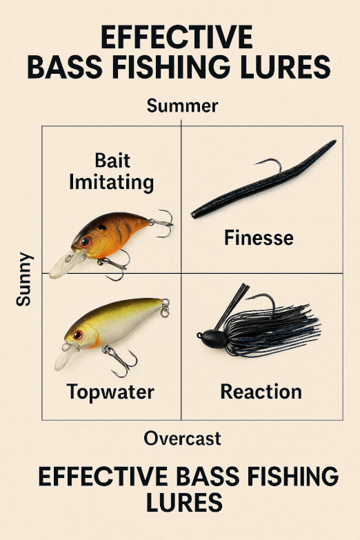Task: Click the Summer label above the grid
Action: pyautogui.click(x=182, y=106)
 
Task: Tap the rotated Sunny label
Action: pyautogui.click(x=23, y=279)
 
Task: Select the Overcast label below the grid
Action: pyautogui.click(x=182, y=439)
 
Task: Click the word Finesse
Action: pyautogui.click(x=259, y=238)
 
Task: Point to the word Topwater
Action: pyautogui.click(x=110, y=392)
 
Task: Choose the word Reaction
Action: pyautogui.click(x=261, y=392)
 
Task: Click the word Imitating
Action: pyautogui.click(x=111, y=182)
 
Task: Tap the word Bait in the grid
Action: pyautogui.click(x=112, y=161)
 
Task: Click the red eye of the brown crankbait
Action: pyautogui.click(x=85, y=241)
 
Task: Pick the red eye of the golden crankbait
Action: pyautogui.click(x=78, y=334)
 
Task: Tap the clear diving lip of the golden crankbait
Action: pyautogui.click(x=66, y=357)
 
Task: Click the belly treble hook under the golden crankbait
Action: pyautogui.click(x=121, y=361)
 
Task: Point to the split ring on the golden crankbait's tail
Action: pyautogui.click(x=165, y=308)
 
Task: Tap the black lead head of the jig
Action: pyautogui.click(x=212, y=339)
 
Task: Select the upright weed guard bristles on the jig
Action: pyautogui.click(x=232, y=306)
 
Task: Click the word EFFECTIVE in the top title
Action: pyautogui.click(x=177, y=37)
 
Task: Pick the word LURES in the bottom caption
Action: pyautogui.click(x=184, y=502)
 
